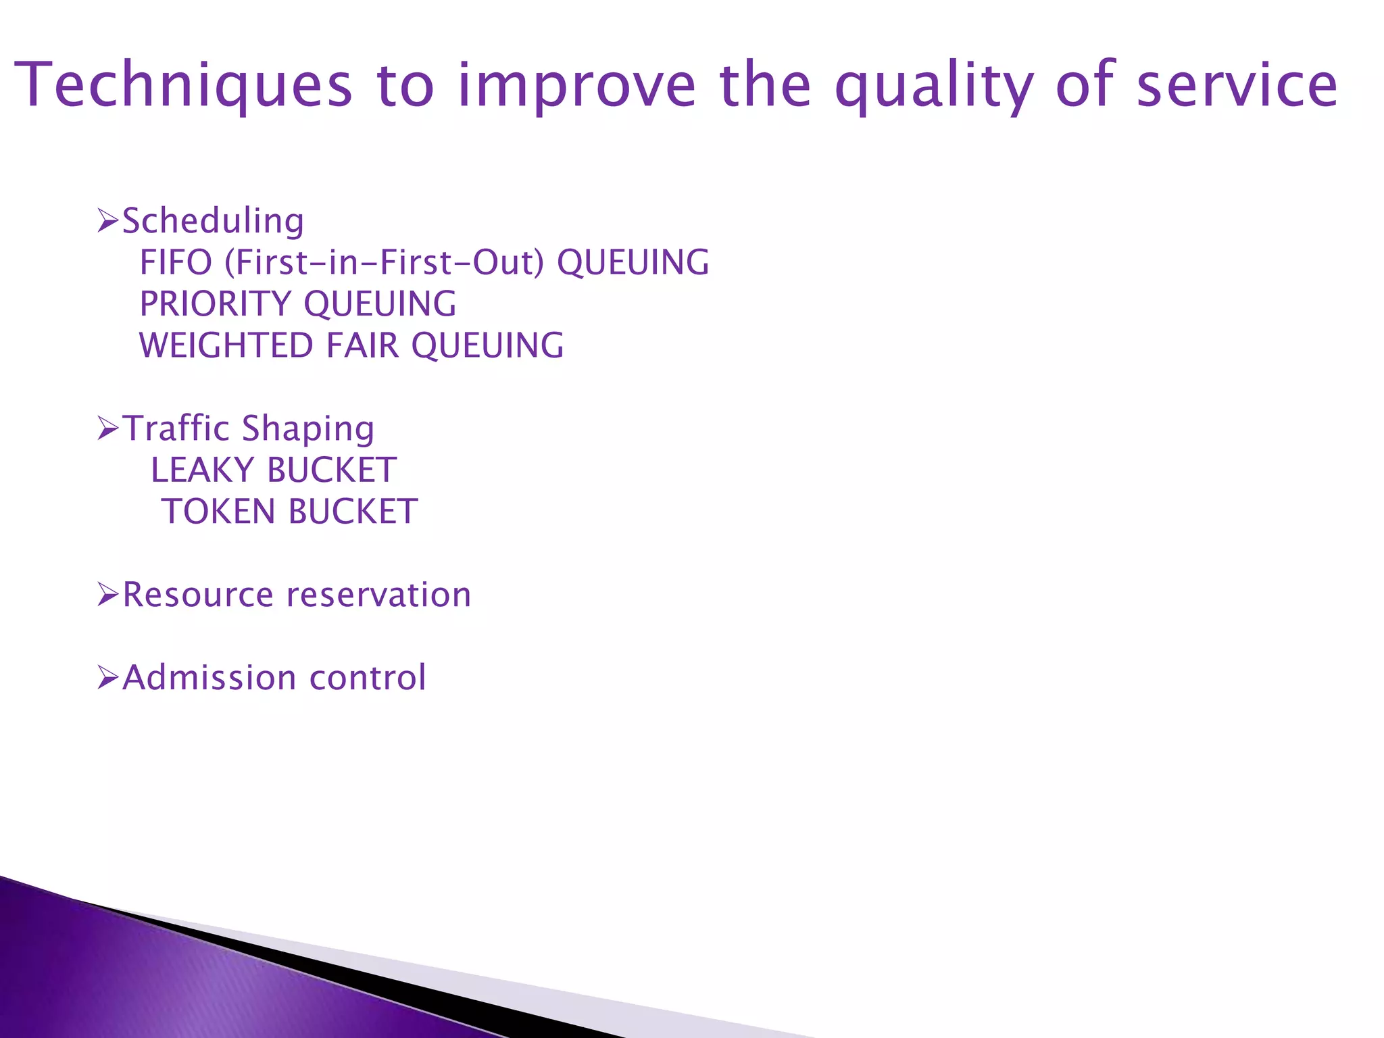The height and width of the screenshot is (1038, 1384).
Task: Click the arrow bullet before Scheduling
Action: [107, 221]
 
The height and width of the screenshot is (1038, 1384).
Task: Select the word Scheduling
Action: [213, 221]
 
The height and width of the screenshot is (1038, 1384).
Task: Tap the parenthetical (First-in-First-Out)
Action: [384, 262]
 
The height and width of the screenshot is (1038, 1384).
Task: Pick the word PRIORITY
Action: [215, 303]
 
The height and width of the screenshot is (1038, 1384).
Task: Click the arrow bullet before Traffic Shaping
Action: [107, 428]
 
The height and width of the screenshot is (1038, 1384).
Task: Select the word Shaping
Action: [307, 428]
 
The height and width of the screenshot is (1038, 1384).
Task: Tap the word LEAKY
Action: [202, 470]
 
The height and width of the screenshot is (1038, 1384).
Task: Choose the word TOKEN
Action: [218, 512]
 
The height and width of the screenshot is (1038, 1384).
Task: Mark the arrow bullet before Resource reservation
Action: [107, 595]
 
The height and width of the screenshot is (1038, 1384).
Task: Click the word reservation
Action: [378, 595]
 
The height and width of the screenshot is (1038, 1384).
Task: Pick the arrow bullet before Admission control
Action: [107, 677]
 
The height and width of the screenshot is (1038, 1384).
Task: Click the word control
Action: [368, 677]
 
